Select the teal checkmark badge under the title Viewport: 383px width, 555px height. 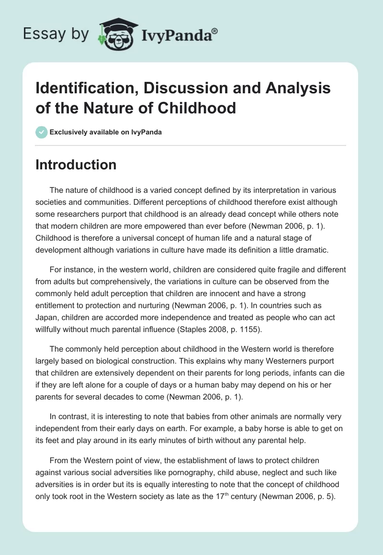[x=42, y=132]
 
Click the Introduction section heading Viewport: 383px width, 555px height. [x=76, y=165]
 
